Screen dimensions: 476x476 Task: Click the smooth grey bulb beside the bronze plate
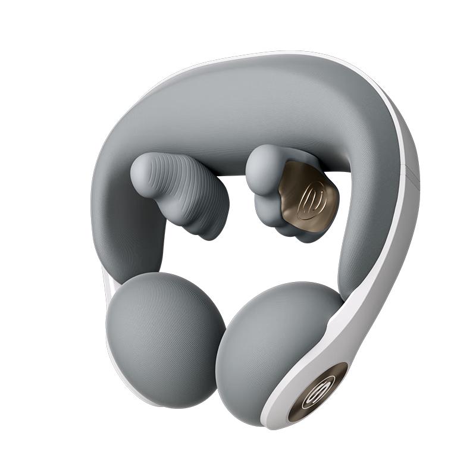point(264,162)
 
